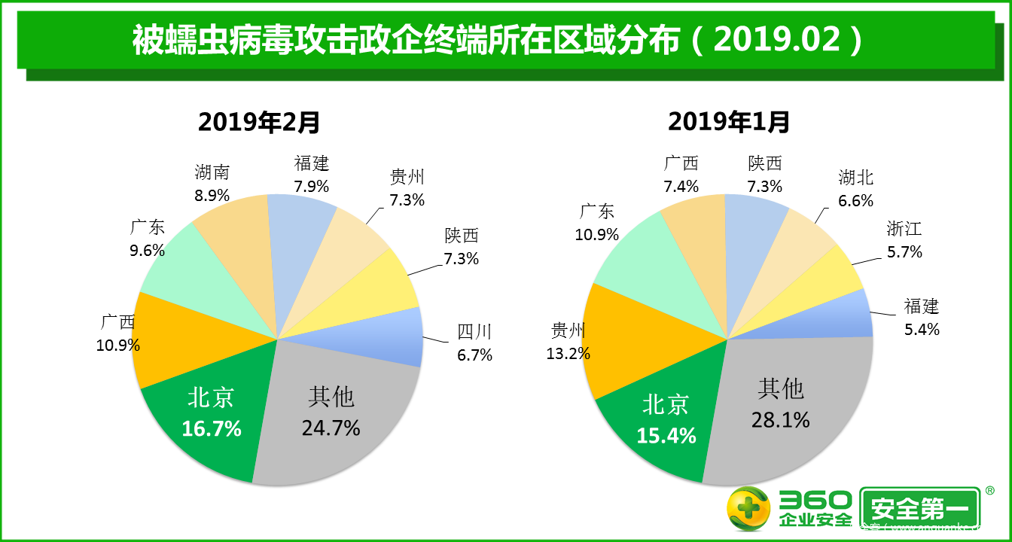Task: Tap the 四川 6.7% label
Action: coord(474,343)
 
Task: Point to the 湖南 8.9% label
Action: coord(212,183)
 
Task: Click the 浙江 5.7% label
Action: coord(904,240)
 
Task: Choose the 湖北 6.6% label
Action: coord(856,189)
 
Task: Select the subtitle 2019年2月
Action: coord(259,121)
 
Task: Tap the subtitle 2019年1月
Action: coord(729,121)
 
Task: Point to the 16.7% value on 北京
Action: coord(212,428)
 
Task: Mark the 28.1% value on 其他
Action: coord(781,419)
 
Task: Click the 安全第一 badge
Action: coord(920,509)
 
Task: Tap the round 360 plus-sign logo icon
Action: coord(748,508)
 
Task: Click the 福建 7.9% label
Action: coord(312,174)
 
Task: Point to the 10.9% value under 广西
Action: coord(118,346)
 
